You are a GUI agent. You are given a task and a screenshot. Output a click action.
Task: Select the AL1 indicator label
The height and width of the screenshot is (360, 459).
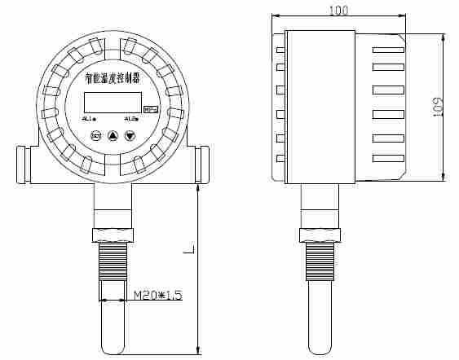(89, 118)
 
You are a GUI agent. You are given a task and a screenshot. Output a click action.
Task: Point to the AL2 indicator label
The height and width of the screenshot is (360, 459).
(131, 118)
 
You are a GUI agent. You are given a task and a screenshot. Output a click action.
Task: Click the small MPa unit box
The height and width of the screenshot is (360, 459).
(151, 108)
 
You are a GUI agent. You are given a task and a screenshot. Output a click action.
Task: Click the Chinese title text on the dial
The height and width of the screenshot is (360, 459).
(113, 78)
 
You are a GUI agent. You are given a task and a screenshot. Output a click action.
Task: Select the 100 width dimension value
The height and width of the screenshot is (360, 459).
(338, 10)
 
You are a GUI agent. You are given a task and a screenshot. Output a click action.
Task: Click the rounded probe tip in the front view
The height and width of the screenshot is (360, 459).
(113, 348)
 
